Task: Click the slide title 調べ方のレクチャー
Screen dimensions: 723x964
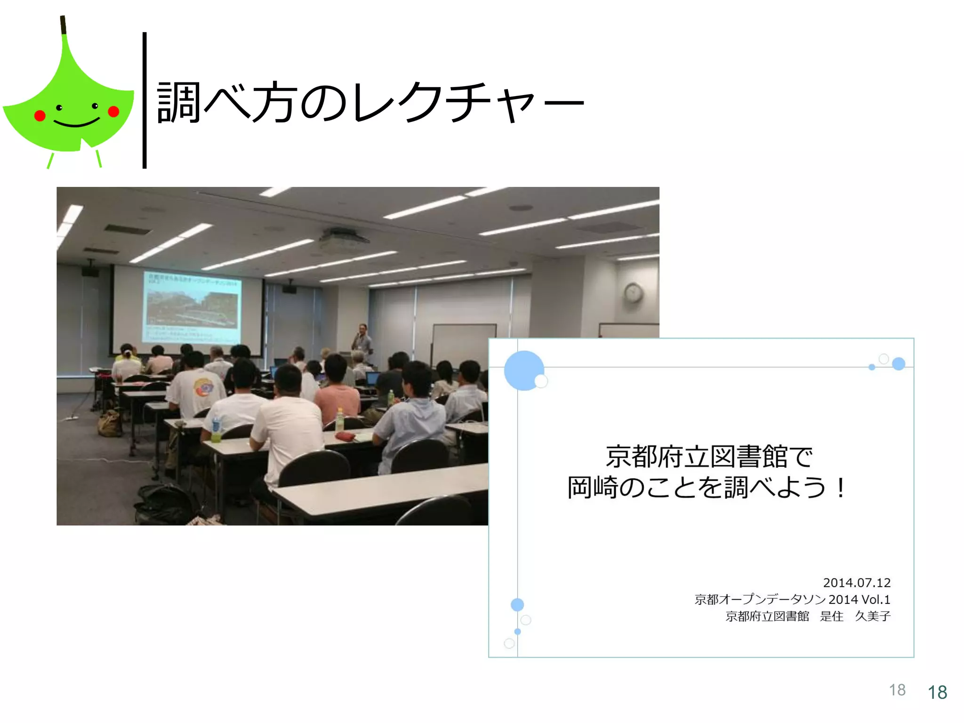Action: point(370,102)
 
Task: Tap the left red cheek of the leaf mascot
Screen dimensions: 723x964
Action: point(40,115)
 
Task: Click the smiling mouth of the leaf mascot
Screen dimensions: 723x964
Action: point(76,123)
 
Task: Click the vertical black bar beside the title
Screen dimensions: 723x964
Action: point(145,100)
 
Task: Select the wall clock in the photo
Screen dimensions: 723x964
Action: point(633,293)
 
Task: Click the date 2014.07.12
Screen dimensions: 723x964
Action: point(856,583)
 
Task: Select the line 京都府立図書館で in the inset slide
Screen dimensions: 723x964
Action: point(709,457)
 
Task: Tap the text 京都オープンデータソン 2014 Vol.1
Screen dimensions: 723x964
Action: point(792,599)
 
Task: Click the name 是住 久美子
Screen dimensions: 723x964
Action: point(855,616)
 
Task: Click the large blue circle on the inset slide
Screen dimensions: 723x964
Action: point(523,370)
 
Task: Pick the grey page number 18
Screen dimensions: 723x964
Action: point(897,690)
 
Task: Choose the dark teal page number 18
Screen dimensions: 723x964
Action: point(937,692)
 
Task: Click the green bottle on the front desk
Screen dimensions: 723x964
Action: point(339,420)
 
